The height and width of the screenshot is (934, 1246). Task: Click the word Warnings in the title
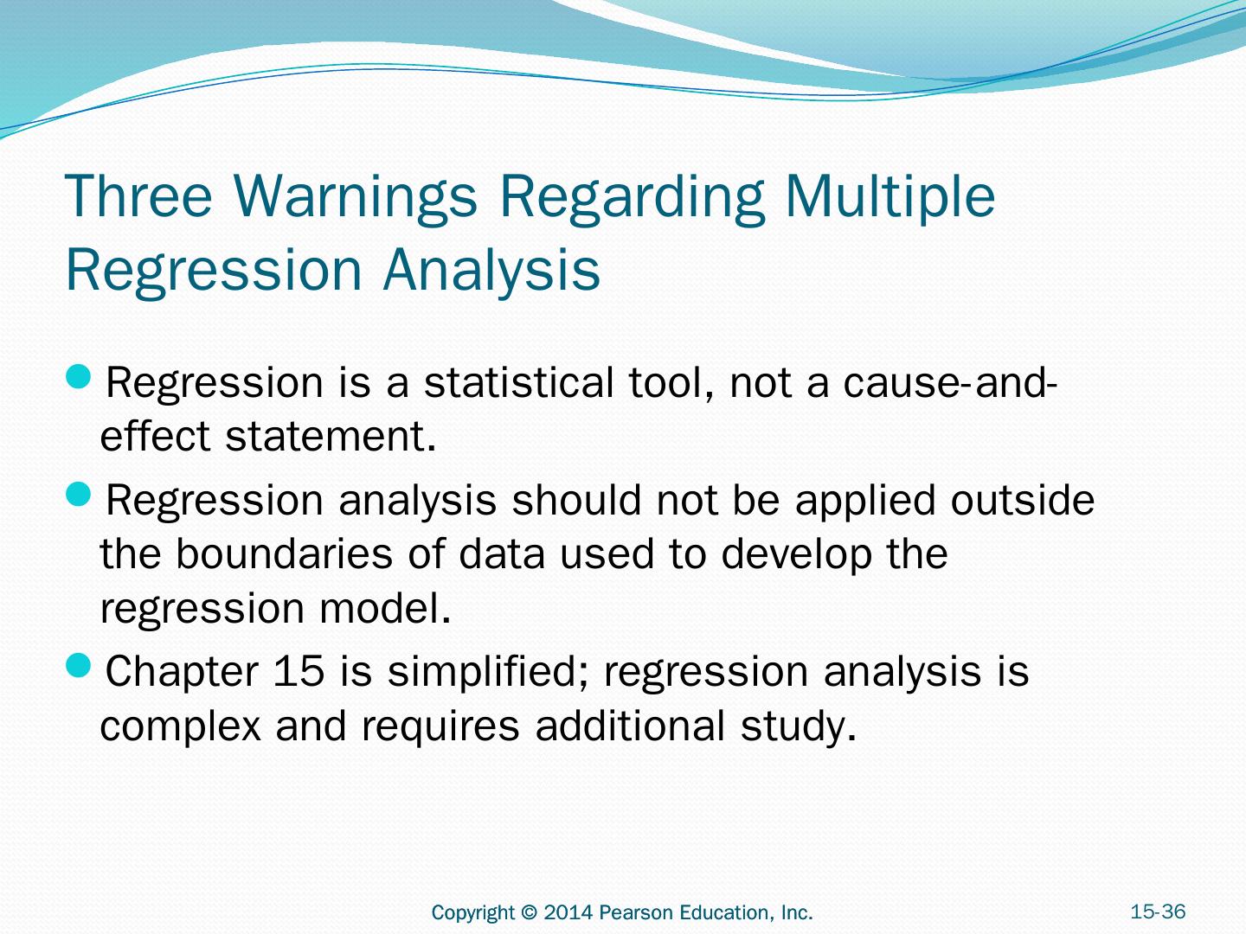(x=356, y=196)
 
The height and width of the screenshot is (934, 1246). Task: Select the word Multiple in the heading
(x=890, y=196)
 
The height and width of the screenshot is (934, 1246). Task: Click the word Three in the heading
(x=138, y=195)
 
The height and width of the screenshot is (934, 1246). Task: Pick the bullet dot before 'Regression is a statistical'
(x=79, y=376)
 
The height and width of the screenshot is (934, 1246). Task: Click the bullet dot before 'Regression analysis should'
(x=79, y=494)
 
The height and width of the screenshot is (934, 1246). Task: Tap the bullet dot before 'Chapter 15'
(x=79, y=665)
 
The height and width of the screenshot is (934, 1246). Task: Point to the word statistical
(x=519, y=382)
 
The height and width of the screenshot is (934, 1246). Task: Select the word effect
(x=155, y=436)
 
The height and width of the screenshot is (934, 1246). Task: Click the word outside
(x=1023, y=499)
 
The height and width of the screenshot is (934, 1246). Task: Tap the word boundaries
(x=284, y=553)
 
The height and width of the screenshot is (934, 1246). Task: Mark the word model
(x=385, y=607)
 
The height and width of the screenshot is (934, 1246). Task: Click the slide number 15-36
(x=1158, y=912)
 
